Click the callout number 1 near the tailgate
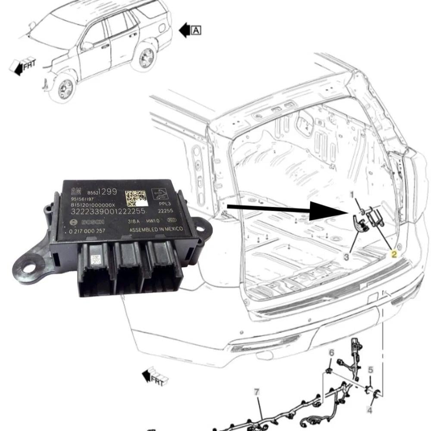tap(352, 194)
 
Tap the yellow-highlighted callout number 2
tap(394, 254)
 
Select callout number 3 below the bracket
tap(347, 257)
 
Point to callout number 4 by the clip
tap(369, 409)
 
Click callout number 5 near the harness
tap(370, 369)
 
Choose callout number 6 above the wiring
tap(331, 353)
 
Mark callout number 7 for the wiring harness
tap(257, 392)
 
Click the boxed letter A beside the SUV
tap(196, 30)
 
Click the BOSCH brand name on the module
tap(91, 222)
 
